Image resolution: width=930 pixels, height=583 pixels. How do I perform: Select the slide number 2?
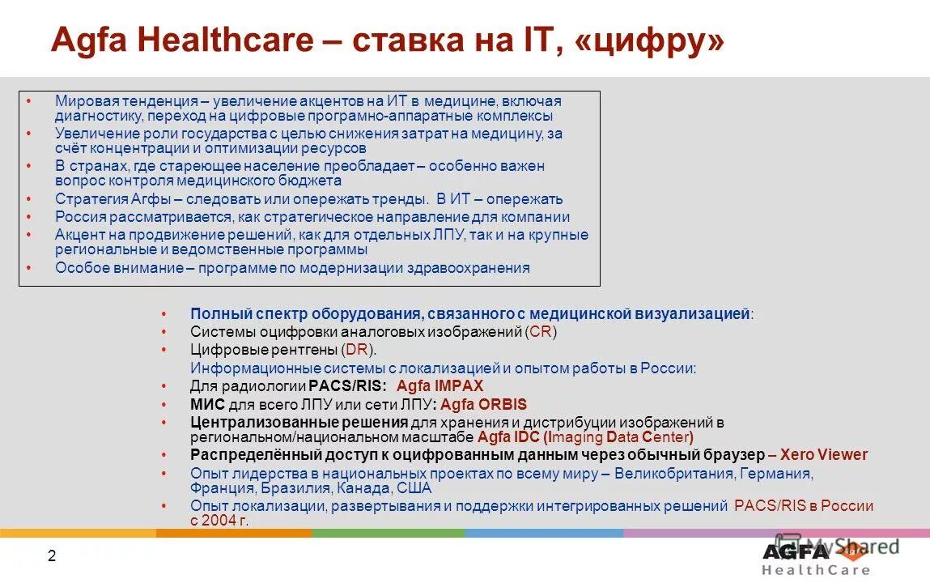point(52,555)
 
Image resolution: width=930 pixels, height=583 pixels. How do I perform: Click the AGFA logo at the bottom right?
point(796,551)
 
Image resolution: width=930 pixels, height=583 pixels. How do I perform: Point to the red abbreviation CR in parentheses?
point(541,332)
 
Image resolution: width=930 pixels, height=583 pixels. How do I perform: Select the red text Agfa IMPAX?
point(440,386)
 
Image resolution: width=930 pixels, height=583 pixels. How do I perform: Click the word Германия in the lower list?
point(776,473)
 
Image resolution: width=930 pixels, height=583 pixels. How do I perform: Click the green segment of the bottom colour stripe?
point(388,533)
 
